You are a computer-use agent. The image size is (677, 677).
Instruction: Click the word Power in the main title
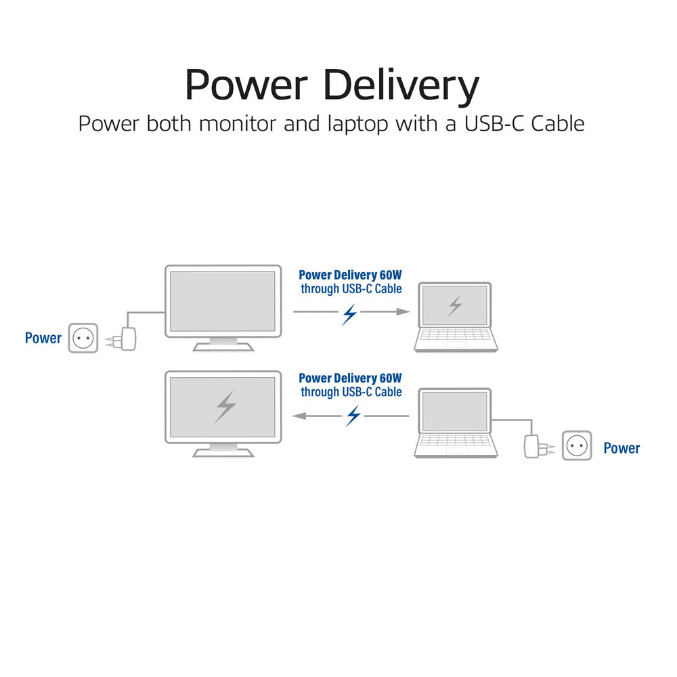point(246,86)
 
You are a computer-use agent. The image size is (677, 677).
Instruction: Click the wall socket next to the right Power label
point(577,446)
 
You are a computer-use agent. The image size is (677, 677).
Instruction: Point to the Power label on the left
point(43,338)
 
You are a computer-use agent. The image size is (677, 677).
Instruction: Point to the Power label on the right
point(621,447)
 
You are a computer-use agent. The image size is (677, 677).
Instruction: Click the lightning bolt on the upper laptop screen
point(455,306)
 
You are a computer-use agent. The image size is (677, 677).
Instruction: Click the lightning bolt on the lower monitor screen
point(225,406)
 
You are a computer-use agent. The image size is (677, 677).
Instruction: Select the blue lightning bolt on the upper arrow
point(349,313)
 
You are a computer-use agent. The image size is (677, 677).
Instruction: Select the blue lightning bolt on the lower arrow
point(353,416)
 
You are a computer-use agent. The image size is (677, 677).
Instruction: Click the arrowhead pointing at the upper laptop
point(403,311)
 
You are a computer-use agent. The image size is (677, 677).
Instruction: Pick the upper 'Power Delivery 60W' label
point(350,275)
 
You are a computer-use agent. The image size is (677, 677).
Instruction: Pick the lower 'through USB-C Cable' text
point(351,392)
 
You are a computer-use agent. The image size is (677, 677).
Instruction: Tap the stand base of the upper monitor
point(223,347)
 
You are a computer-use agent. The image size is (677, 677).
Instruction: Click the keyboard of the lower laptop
point(456,441)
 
